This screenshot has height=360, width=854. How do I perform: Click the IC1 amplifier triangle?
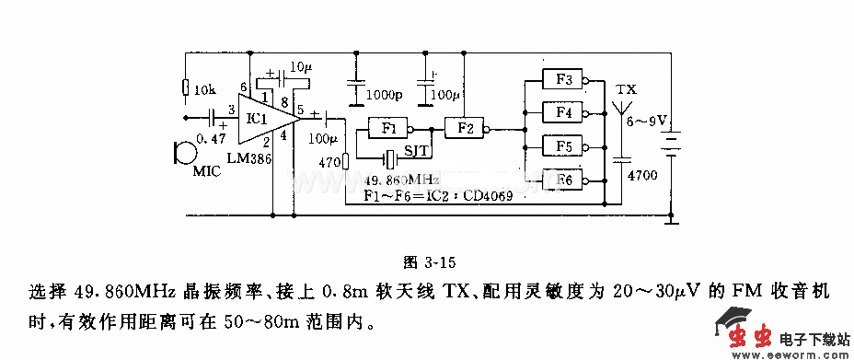point(263,119)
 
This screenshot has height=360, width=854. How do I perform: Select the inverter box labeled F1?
point(387,128)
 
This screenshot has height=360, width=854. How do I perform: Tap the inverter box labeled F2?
point(464,128)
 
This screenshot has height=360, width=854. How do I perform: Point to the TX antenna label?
point(626,89)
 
